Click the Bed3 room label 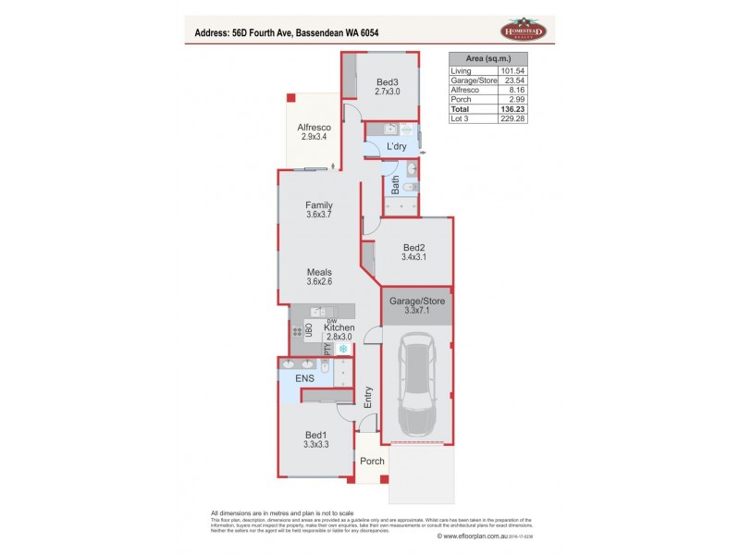point(386,86)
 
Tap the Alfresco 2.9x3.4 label point(314,131)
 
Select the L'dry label point(397,147)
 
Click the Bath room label point(395,187)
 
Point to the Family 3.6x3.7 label point(319,210)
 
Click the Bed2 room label point(413,252)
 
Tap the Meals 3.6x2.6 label point(319,277)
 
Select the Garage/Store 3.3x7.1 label point(418,306)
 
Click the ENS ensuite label point(305,378)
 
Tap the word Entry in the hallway point(368,398)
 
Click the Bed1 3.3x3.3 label point(316,439)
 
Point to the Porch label point(371,461)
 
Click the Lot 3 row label point(460,118)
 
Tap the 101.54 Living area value point(512,71)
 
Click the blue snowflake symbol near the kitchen point(343,350)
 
